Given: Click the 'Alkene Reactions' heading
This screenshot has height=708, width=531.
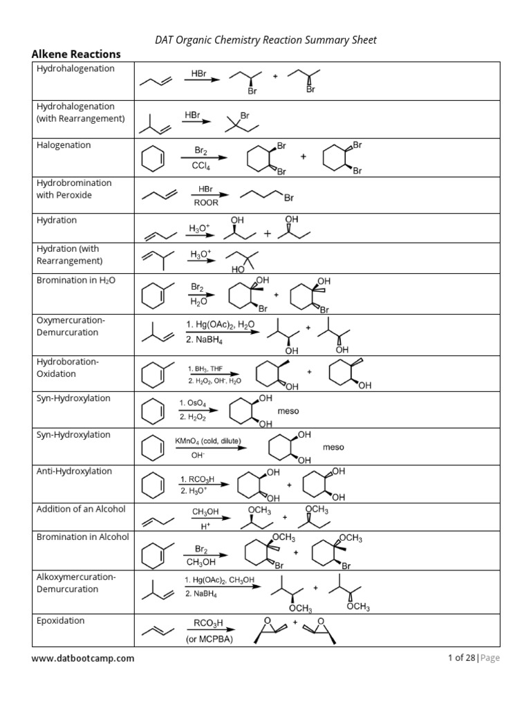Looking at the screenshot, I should click(76, 54).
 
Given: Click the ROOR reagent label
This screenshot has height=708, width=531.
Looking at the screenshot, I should click(205, 203).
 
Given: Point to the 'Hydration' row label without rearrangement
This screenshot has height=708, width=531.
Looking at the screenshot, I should click(57, 220).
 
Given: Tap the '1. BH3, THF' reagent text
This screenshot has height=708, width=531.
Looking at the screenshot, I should click(206, 369).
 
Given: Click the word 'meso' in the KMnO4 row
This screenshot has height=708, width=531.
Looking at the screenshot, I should click(333, 447).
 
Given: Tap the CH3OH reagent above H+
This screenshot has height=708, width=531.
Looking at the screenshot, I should click(205, 512).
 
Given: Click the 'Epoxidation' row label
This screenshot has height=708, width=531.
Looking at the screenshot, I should click(60, 620).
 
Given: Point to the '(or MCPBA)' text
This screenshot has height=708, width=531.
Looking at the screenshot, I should click(209, 640).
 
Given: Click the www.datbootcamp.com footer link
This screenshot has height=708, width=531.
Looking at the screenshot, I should click(83, 658).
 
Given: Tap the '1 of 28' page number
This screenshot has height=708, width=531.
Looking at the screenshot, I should click(460, 658).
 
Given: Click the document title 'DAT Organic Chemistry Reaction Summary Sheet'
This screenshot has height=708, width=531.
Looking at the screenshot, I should click(265, 40).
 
